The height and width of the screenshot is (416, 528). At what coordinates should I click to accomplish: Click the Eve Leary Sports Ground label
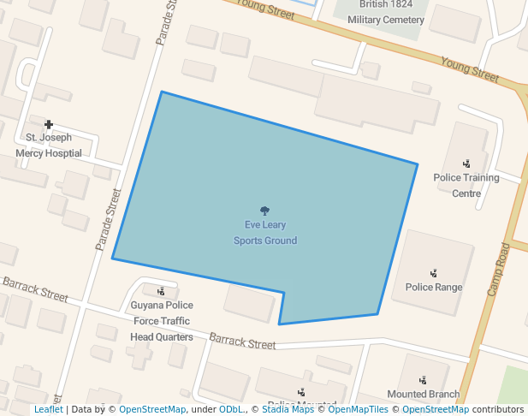(x=265, y=233)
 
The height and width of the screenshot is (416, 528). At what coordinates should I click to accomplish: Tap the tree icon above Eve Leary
(x=265, y=211)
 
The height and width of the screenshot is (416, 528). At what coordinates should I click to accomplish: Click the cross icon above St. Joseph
(x=49, y=125)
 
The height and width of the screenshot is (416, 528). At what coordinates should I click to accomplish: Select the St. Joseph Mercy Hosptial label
(x=49, y=146)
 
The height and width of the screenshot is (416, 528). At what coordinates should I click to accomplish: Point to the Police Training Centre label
(x=466, y=185)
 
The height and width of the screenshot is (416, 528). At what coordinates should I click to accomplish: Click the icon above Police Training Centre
(x=466, y=163)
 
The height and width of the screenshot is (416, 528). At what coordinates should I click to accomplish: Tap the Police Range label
(x=434, y=288)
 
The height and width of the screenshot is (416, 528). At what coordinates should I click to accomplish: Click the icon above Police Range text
(x=434, y=273)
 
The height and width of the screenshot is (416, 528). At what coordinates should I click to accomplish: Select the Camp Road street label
(x=498, y=270)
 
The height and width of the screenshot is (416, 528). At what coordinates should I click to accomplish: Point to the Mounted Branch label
(x=423, y=395)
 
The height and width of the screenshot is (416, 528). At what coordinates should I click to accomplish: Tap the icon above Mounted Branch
(x=423, y=380)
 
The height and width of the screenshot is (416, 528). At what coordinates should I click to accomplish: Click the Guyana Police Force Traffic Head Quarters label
(x=162, y=321)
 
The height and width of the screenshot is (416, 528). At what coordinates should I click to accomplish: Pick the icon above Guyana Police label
(x=161, y=291)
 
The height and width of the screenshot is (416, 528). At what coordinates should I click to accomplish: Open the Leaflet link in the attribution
(x=48, y=409)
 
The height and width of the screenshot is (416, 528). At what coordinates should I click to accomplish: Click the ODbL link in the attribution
(x=231, y=409)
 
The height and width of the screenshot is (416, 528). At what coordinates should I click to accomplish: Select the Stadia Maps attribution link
(x=288, y=409)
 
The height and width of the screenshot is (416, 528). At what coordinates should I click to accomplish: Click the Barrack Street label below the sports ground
(x=242, y=342)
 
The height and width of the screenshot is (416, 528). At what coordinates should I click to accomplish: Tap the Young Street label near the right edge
(x=469, y=69)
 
